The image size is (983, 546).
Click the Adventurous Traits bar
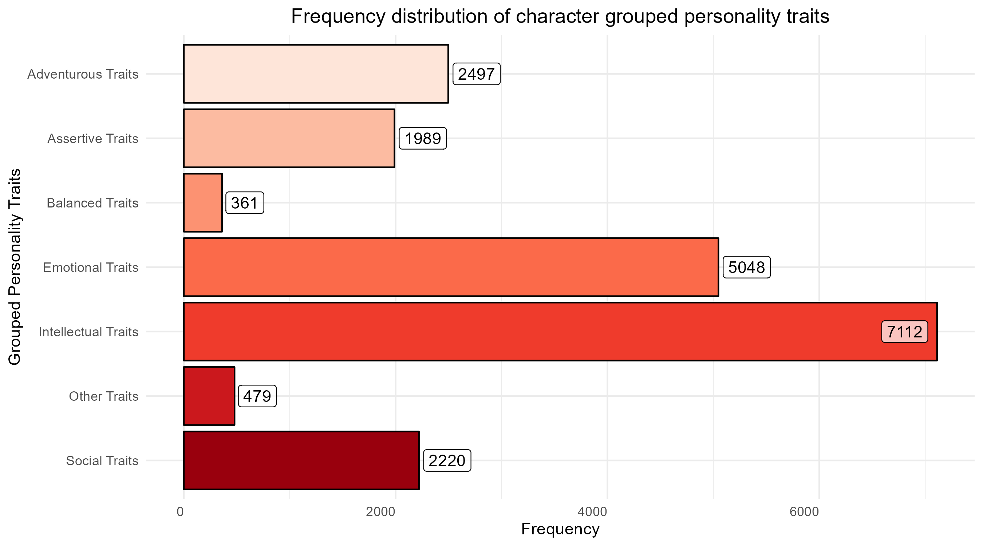point(316,74)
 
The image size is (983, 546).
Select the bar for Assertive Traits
point(289,138)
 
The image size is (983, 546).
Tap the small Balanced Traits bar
point(203,203)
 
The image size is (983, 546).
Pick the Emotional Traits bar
point(451,267)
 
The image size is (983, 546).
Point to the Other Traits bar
point(209,396)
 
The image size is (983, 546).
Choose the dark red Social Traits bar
point(301,460)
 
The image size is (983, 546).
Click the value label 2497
point(476,74)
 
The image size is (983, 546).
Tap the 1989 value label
point(422,139)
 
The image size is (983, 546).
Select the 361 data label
point(245,203)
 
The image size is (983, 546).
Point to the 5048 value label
point(746,268)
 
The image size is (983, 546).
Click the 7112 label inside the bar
point(904,332)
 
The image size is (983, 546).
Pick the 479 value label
point(257,396)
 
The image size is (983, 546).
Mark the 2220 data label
point(447,461)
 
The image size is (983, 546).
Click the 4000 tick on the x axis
point(592,512)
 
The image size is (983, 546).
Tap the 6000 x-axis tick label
point(804,512)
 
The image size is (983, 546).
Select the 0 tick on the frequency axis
point(181,512)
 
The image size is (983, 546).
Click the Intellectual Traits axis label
point(88,332)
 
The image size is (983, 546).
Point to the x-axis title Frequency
point(560,529)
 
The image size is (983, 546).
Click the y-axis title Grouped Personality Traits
point(15,267)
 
